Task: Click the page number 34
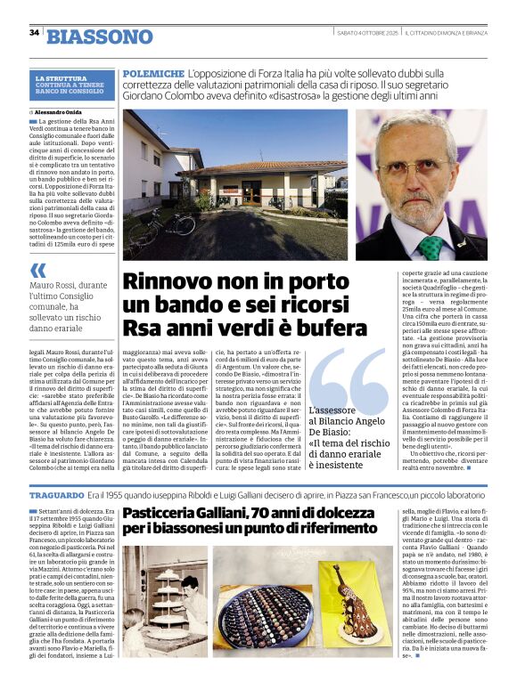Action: pyautogui.click(x=34, y=33)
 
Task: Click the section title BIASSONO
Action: pyautogui.click(x=100, y=36)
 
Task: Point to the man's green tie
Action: pyautogui.click(x=431, y=246)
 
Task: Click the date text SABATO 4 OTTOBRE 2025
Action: pyautogui.click(x=366, y=33)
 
